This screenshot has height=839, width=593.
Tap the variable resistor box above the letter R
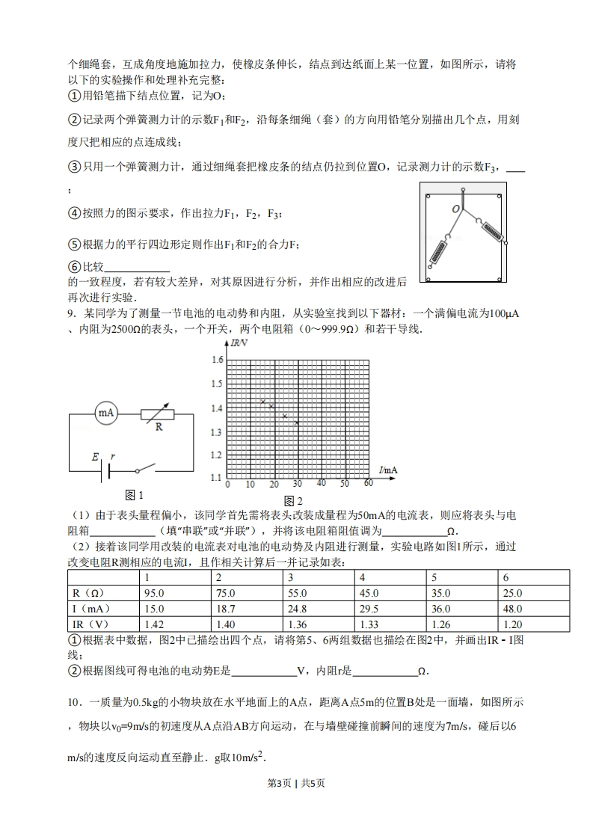point(158,413)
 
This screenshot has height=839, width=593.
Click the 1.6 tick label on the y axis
point(217,360)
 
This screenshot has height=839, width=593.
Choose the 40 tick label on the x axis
point(322,484)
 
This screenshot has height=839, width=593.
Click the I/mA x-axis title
point(388,470)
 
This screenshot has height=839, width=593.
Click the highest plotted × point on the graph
point(262,402)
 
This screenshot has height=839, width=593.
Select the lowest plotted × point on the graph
point(297,422)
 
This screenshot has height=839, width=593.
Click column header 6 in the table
point(506,577)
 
